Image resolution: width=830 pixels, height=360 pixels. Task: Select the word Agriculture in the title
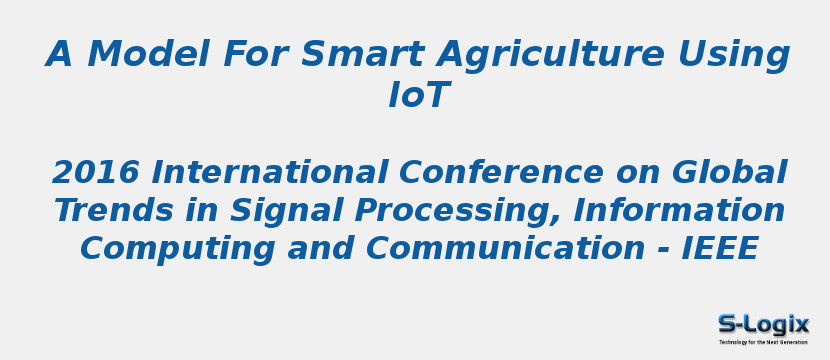click(546, 56)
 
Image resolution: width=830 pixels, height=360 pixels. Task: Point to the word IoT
click(418, 96)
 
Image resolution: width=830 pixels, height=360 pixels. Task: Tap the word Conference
click(501, 173)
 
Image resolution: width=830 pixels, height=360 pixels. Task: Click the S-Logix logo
click(763, 324)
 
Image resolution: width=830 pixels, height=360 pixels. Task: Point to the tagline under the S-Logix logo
click(763, 342)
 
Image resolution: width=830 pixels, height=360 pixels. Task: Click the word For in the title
click(255, 54)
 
